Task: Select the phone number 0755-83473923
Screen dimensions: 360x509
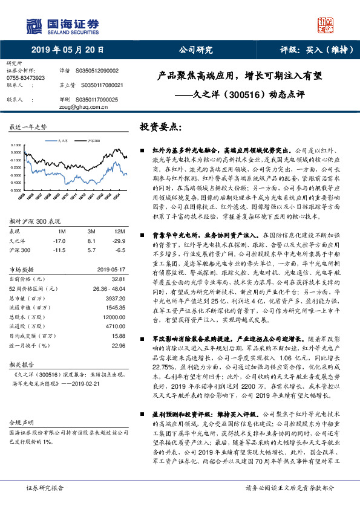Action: coord(25,78)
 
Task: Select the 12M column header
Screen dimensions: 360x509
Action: coord(119,215)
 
